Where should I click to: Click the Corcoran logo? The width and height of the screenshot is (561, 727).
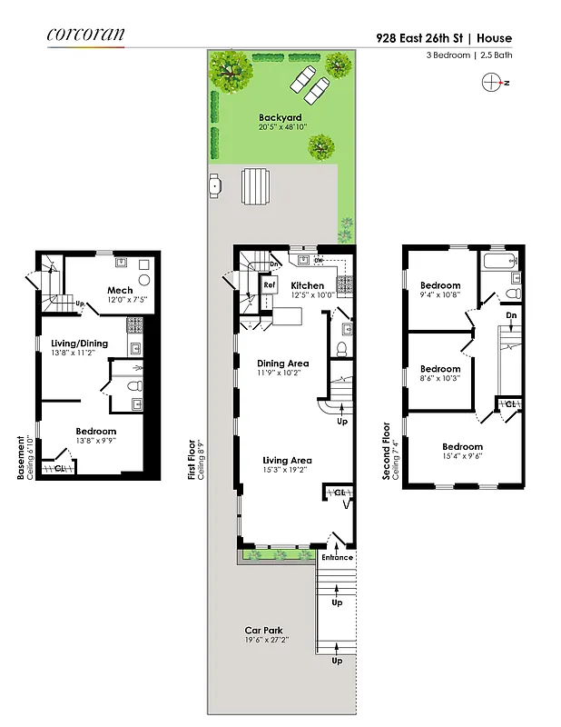(x=85, y=35)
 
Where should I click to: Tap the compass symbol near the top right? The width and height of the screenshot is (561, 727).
(x=491, y=82)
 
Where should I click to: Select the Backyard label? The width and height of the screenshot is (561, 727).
(x=280, y=117)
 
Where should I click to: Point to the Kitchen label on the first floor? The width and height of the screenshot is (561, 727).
(x=307, y=285)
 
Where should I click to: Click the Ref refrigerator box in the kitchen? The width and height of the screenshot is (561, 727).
(x=270, y=284)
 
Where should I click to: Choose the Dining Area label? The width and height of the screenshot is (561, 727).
(x=283, y=363)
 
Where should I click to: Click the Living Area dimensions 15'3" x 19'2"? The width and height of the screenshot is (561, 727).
(x=287, y=471)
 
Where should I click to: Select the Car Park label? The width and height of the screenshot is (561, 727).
(x=263, y=630)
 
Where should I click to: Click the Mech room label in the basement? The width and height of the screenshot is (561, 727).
(x=120, y=291)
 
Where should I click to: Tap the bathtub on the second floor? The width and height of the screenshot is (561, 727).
(x=499, y=263)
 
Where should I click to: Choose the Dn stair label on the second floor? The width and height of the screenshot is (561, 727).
(x=512, y=315)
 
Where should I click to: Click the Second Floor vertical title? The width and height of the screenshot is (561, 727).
(x=386, y=449)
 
